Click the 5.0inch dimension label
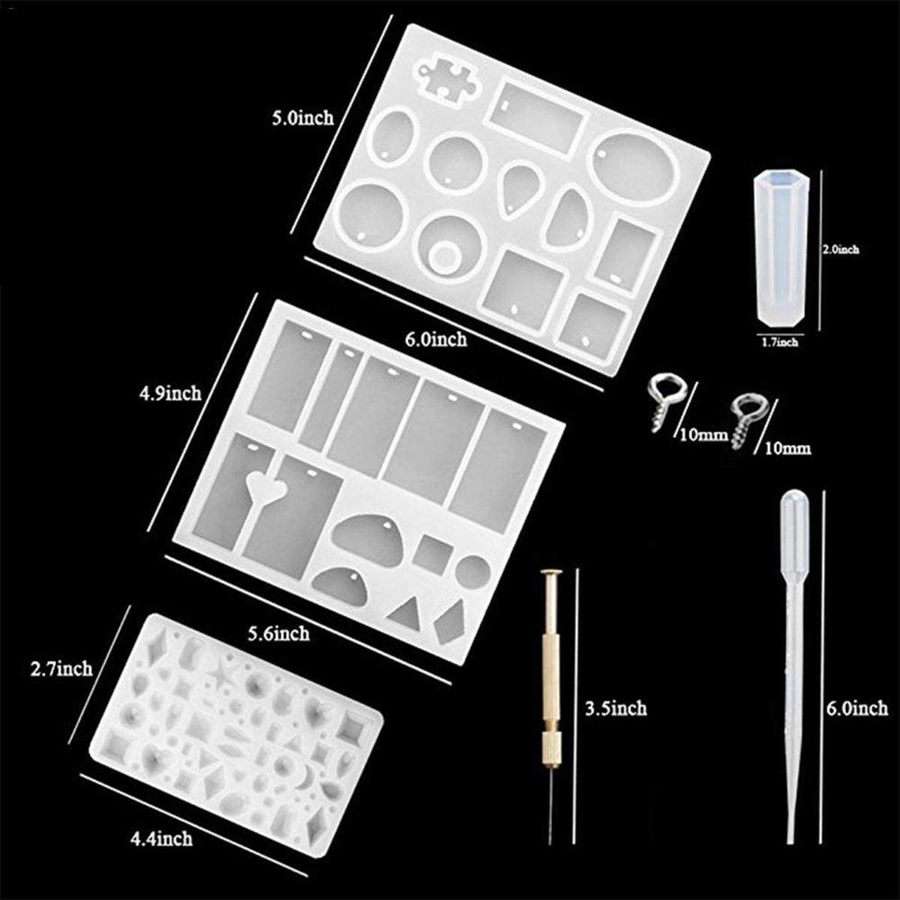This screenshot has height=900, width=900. (x=303, y=118)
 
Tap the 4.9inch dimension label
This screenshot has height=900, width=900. (x=170, y=393)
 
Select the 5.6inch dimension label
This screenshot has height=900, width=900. (x=278, y=633)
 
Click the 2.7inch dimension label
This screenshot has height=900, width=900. (x=61, y=668)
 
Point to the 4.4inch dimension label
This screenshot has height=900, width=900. (x=161, y=838)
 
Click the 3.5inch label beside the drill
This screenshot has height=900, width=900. (x=616, y=721)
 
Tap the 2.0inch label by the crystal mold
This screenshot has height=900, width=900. (x=841, y=250)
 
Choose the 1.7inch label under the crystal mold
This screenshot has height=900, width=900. (x=779, y=343)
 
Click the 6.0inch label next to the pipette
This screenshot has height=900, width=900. (x=857, y=721)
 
